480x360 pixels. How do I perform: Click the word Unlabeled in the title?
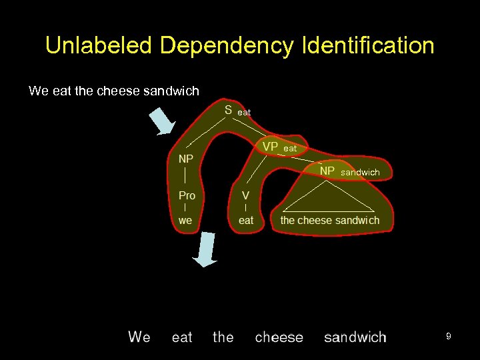point(99,46)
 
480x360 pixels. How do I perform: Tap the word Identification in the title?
point(368,46)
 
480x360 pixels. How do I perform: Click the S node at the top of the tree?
point(228,111)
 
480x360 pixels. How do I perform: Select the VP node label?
point(270,147)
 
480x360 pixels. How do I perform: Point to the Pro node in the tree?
point(187,195)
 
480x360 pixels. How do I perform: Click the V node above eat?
point(245,195)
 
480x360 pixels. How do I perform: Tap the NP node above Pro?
point(186,159)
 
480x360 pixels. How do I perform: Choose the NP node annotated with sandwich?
point(327,171)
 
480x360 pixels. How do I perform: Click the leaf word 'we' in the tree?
point(185,220)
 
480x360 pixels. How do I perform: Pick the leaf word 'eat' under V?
point(246,220)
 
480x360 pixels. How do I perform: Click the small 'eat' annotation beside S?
point(244,113)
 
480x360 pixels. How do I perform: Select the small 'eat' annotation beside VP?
point(290,149)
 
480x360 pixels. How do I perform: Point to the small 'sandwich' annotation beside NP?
point(360,173)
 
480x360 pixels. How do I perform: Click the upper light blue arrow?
point(161,121)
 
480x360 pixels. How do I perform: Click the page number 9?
point(449,337)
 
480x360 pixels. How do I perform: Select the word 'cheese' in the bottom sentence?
point(279,337)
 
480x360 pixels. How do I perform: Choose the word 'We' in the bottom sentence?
point(139,337)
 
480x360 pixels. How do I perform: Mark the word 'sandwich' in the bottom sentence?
point(355,337)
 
